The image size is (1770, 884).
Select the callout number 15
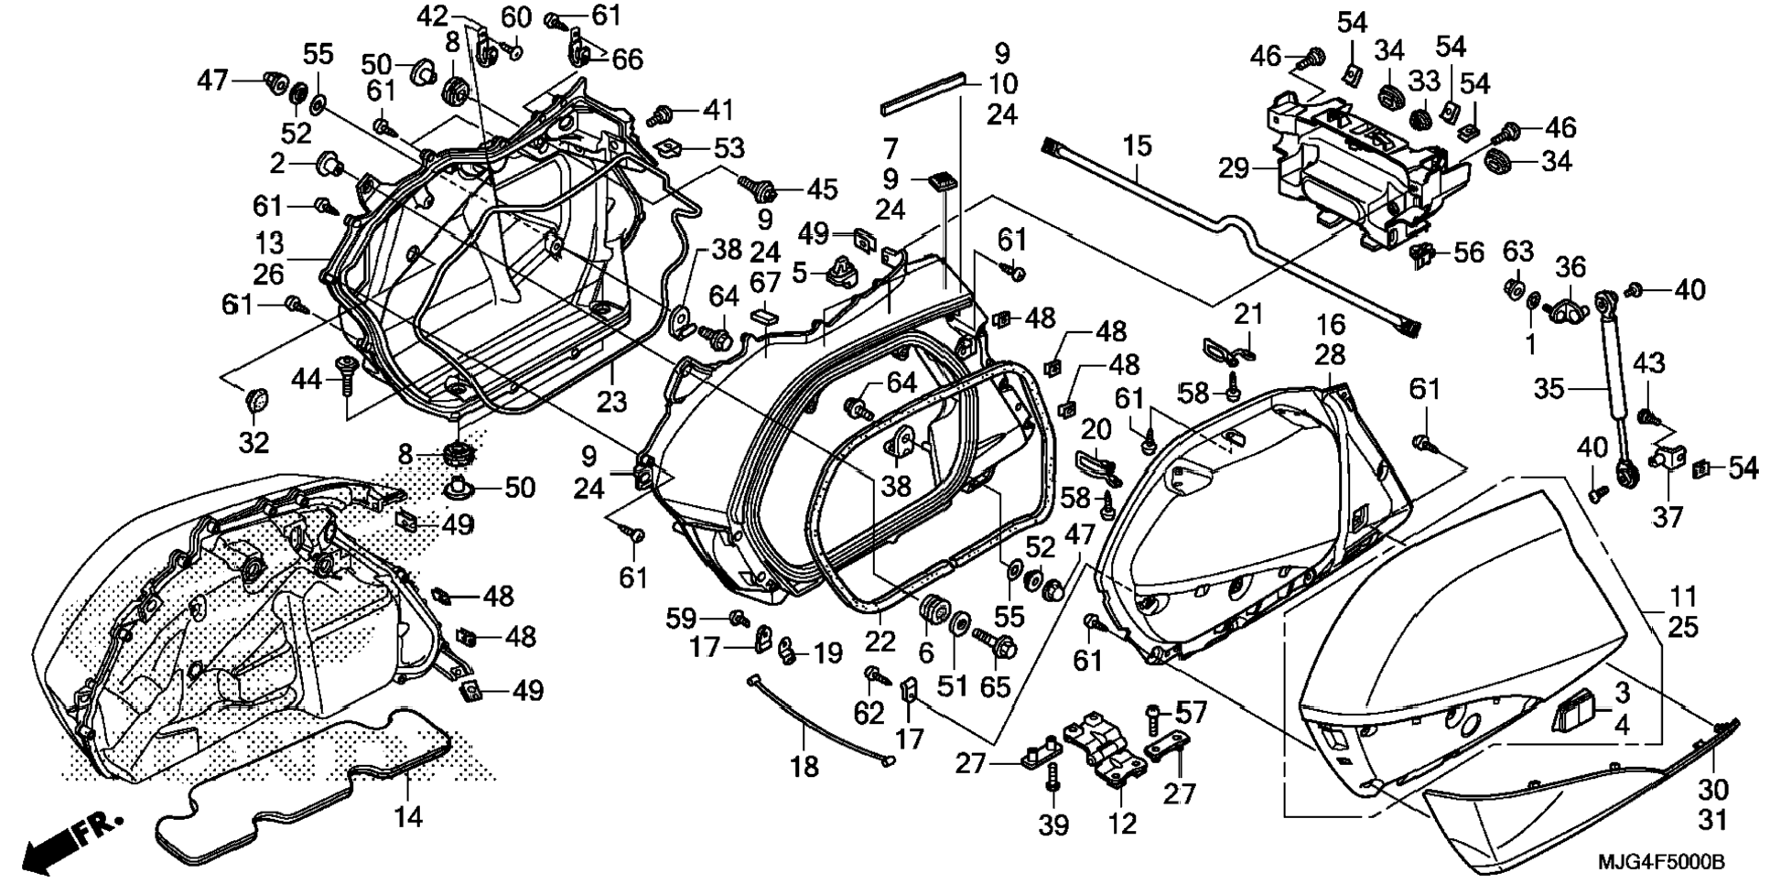1137,146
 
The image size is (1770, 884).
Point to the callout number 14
408,815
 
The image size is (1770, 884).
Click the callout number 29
1234,168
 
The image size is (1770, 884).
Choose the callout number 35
1549,389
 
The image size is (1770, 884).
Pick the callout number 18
804,766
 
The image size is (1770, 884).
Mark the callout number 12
1122,823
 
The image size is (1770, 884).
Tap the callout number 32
254,442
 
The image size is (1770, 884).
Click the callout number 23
611,401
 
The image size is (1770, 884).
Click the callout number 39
1054,825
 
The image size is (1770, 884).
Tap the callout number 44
308,377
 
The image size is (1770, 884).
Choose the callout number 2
278,164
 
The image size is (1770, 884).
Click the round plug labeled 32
257,400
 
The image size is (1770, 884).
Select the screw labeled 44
347,375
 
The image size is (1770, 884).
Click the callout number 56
1468,252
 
